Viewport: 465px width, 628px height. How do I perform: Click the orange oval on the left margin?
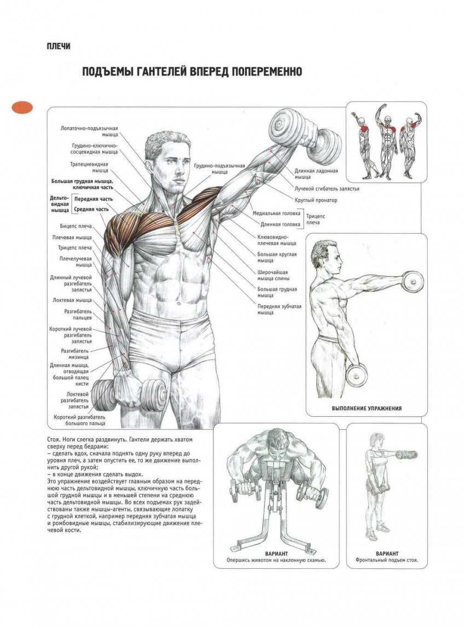pyautogui.click(x=22, y=107)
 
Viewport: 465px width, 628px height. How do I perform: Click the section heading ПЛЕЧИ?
pyautogui.click(x=59, y=46)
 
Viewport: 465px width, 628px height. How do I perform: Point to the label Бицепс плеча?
pyautogui.click(x=75, y=226)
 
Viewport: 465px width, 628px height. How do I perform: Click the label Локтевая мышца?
pyautogui.click(x=72, y=300)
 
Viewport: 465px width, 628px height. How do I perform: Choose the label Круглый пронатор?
pyautogui.click(x=316, y=200)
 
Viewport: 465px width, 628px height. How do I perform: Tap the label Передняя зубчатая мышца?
pyautogui.click(x=279, y=309)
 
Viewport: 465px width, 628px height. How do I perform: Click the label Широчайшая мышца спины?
pyautogui.click(x=274, y=275)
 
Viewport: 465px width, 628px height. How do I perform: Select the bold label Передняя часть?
pyautogui.click(x=94, y=199)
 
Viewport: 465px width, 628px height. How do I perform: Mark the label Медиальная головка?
pyautogui.click(x=276, y=213)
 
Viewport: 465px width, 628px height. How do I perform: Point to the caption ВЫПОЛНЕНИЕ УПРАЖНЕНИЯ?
pyautogui.click(x=367, y=409)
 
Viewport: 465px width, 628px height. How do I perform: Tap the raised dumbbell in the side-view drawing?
pyautogui.click(x=412, y=282)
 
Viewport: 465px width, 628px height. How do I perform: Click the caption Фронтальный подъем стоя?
pyautogui.click(x=387, y=560)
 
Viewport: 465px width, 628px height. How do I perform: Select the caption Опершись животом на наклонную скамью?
pyautogui.click(x=276, y=560)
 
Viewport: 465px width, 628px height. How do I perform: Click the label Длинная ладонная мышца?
pyautogui.click(x=316, y=173)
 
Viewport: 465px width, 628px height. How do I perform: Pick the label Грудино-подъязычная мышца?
pyautogui.click(x=219, y=168)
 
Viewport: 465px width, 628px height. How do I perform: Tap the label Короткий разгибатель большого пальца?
pyautogui.click(x=80, y=420)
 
